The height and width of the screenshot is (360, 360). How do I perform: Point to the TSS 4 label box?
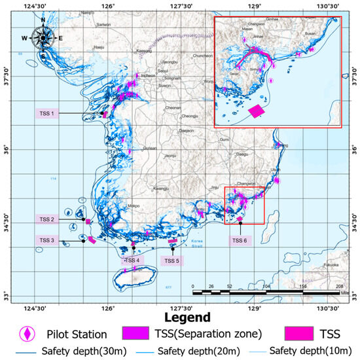[133, 261]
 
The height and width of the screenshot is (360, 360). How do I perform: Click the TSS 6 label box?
[240, 241]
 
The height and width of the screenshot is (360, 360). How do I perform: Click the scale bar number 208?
[339, 287]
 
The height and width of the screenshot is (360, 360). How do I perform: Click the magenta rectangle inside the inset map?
[257, 111]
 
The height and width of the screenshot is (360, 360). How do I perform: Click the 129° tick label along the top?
[255, 6]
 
